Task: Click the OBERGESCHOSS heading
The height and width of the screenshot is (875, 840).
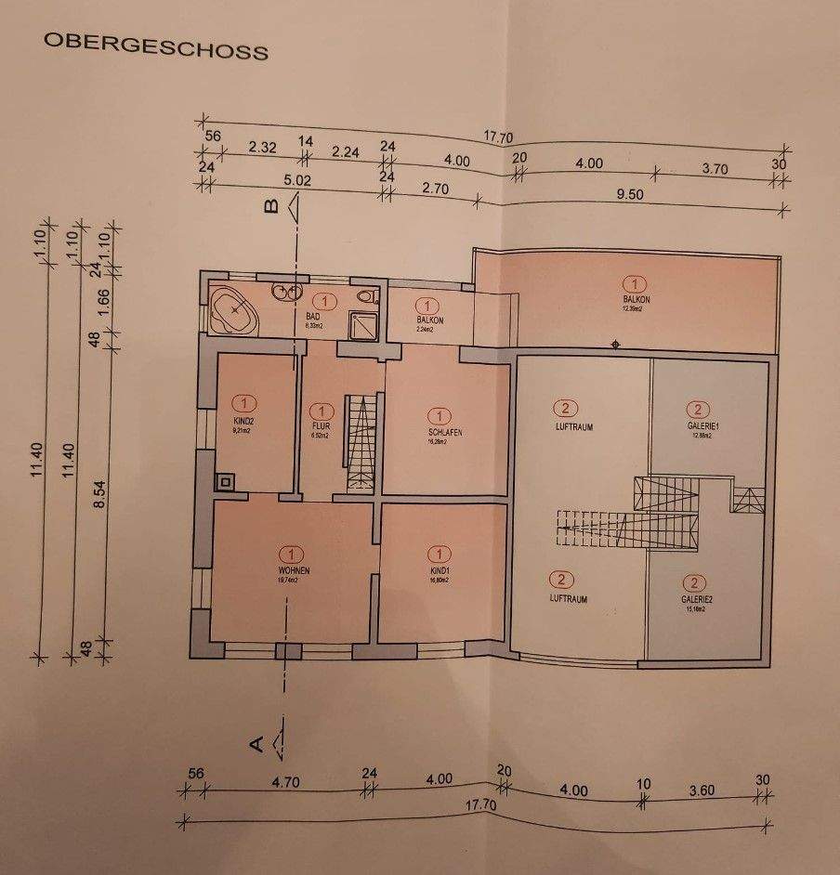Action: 153,47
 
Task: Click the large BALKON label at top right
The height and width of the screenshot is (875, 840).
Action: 636,299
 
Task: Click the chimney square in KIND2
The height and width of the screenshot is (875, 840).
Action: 223,483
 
